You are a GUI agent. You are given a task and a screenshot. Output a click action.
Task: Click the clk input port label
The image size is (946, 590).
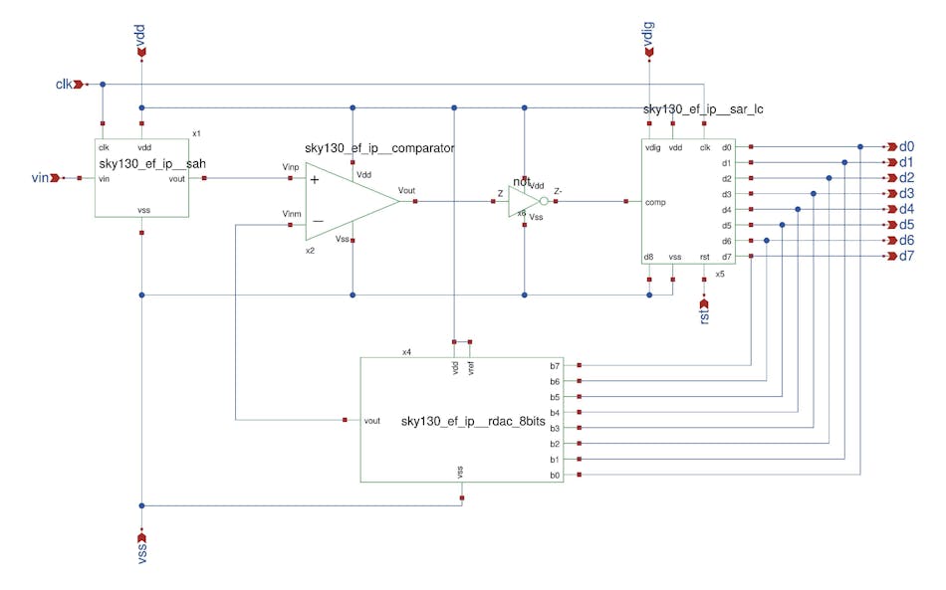(x=65, y=84)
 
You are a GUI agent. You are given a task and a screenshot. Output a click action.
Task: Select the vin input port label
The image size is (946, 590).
(x=40, y=178)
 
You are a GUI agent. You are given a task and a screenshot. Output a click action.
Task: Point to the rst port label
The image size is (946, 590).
(x=704, y=317)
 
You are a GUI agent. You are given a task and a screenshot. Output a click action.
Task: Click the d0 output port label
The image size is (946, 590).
(x=906, y=146)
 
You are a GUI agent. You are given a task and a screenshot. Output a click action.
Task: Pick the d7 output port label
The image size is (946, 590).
(x=906, y=257)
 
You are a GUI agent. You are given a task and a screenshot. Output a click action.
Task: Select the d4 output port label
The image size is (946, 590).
(x=906, y=209)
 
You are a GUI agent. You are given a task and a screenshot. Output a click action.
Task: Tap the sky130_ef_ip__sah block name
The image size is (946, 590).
(x=152, y=163)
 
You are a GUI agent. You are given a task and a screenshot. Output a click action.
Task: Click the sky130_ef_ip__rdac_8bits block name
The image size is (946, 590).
(x=473, y=422)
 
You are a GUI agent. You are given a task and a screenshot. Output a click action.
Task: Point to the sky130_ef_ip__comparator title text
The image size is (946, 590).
(x=379, y=148)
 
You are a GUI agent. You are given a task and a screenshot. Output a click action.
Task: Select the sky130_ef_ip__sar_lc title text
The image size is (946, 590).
(x=703, y=108)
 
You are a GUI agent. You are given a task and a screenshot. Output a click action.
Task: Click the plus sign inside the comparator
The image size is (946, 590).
(x=315, y=179)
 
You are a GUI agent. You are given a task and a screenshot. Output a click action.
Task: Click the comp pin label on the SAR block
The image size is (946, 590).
(x=655, y=202)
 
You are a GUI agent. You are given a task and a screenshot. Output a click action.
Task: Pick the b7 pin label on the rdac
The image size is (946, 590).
(x=555, y=365)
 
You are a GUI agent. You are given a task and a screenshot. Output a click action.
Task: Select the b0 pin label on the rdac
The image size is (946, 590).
(x=555, y=476)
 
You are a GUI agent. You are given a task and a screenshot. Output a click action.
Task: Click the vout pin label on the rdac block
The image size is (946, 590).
(x=372, y=421)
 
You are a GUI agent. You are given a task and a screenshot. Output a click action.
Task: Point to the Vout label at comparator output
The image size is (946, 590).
(x=406, y=190)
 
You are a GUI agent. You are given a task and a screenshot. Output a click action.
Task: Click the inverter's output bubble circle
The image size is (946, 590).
(x=544, y=202)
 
